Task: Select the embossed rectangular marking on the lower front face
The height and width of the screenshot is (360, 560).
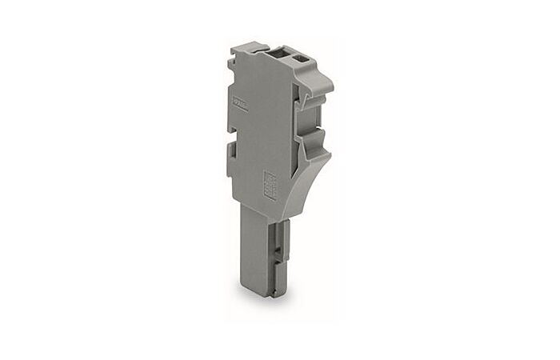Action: [270, 185]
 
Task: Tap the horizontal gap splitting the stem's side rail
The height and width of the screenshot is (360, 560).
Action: [278, 240]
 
